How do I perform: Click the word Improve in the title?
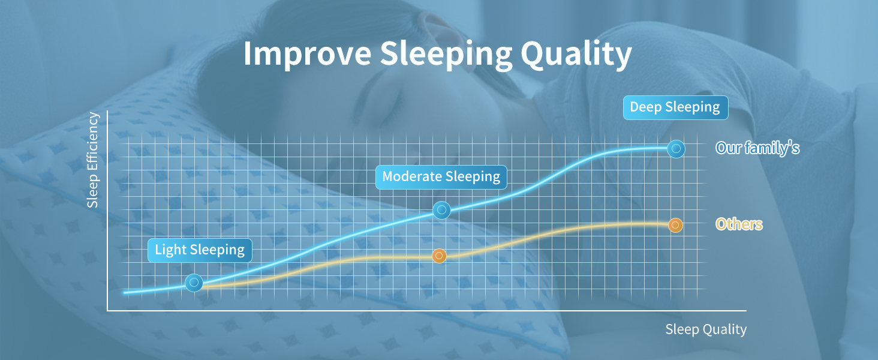307,54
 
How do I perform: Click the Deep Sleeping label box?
675,107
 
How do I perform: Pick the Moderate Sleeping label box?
441,177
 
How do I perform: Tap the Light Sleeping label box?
200,250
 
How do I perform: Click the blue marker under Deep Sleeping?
676,149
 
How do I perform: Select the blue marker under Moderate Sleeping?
441,210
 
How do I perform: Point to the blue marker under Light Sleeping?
194,283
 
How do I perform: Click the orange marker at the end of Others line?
675,225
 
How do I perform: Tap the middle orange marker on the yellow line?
439,256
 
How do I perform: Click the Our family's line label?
757,148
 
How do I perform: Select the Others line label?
739,224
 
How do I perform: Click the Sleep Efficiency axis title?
92,160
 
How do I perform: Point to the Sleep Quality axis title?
706,329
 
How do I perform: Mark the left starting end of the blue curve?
124,293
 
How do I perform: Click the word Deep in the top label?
645,107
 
